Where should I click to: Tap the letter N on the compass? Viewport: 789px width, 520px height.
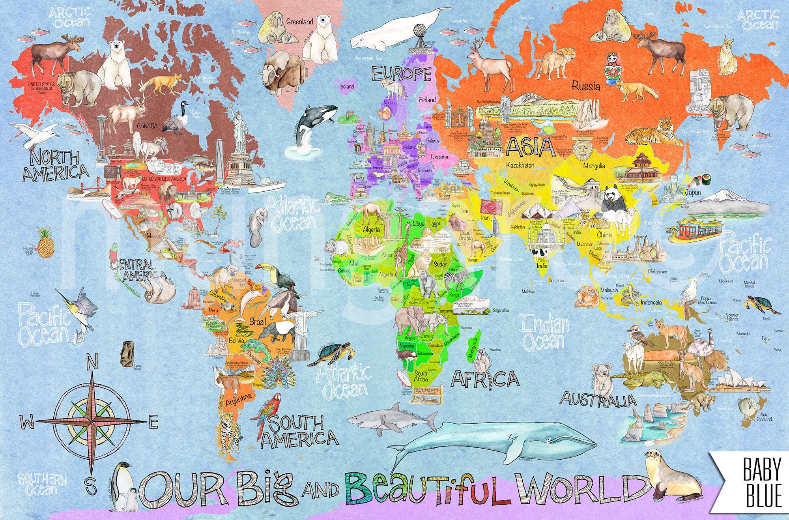[92, 362]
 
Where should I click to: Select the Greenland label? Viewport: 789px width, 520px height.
[299, 21]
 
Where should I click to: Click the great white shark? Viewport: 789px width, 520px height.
[394, 419]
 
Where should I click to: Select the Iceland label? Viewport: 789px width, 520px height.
[347, 86]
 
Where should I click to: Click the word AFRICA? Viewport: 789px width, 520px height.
[485, 379]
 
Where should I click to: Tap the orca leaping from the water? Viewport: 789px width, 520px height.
[314, 123]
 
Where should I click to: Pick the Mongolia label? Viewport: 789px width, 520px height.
[594, 166]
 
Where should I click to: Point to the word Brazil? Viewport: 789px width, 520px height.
[258, 322]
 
